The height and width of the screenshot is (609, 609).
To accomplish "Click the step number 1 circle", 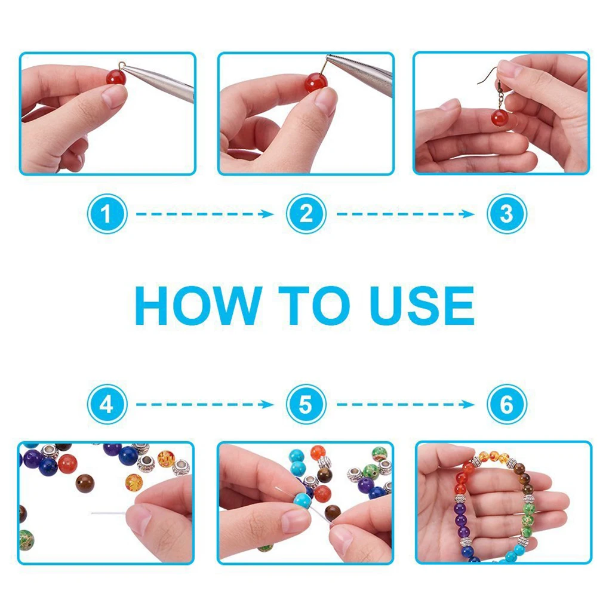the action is (x=107, y=214).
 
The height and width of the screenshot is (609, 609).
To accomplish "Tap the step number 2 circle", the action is (x=306, y=214).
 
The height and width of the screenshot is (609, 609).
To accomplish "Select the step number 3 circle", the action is (x=506, y=214).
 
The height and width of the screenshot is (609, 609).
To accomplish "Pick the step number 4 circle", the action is (x=107, y=404).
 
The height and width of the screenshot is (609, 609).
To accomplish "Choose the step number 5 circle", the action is (x=306, y=404).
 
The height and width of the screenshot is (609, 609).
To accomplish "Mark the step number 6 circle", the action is (x=506, y=404).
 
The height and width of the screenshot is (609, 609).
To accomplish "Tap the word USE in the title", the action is (x=422, y=305).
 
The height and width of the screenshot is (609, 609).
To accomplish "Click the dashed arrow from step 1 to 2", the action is (x=205, y=214).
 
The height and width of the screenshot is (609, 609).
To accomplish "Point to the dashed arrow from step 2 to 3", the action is (x=405, y=214).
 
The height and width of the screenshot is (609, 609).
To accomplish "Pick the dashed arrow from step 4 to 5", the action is (x=205, y=405).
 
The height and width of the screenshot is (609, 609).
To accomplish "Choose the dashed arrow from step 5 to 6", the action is (x=405, y=405).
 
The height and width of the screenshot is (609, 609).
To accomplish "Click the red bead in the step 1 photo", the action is (x=116, y=76).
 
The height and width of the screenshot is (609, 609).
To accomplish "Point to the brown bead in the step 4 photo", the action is (x=85, y=484).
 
